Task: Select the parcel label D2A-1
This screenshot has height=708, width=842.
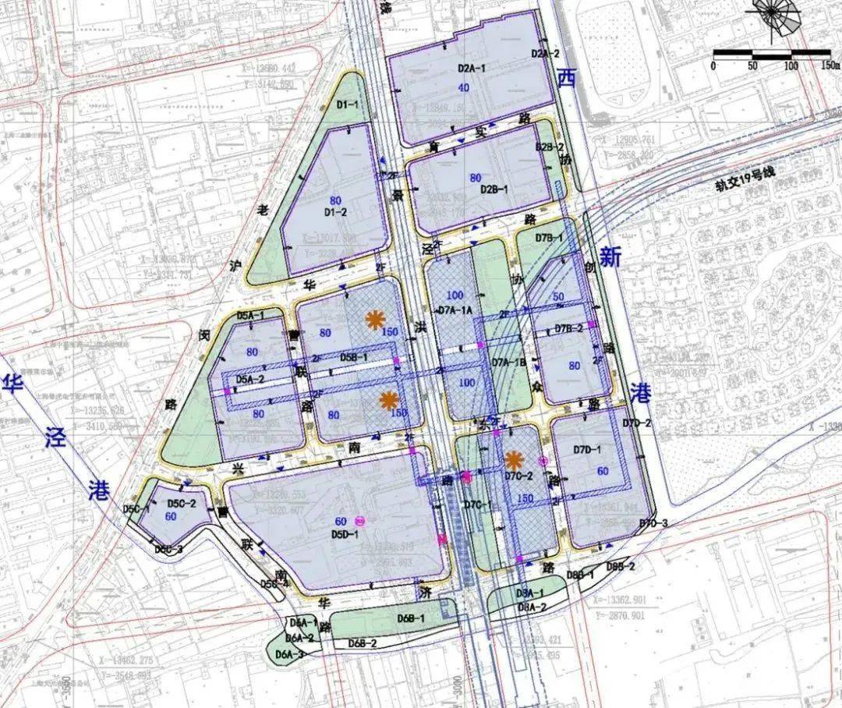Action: click(x=471, y=69)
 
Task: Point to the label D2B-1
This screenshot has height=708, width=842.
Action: click(x=494, y=189)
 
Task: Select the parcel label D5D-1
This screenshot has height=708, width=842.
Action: click(x=345, y=535)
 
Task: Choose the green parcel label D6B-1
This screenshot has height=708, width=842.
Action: click(x=410, y=618)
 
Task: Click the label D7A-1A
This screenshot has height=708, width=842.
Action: click(x=456, y=310)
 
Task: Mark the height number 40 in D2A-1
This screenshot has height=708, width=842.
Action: click(x=464, y=87)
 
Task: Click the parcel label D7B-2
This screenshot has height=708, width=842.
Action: click(x=569, y=329)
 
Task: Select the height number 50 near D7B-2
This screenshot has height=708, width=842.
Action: click(x=558, y=297)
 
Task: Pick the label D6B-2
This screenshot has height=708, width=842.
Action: click(x=363, y=643)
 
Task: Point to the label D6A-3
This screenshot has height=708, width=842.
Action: click(x=288, y=654)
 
